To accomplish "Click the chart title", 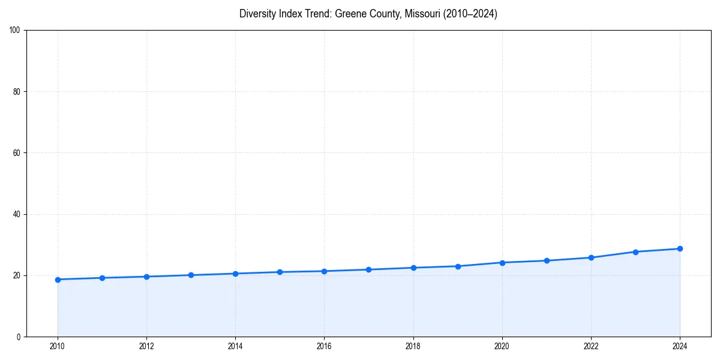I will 368,14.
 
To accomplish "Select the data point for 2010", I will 58,280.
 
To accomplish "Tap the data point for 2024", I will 680,248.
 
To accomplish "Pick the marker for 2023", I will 635,252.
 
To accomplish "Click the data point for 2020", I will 502,263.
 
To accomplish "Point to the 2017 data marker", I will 368,269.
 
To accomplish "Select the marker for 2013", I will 191,275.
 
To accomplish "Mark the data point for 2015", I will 280,272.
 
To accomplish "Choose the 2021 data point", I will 547,260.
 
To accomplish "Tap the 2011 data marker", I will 102,278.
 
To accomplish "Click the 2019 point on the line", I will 458,266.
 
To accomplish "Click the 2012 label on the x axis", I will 146,346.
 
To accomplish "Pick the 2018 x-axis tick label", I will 413,346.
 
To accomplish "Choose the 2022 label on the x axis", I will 591,346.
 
